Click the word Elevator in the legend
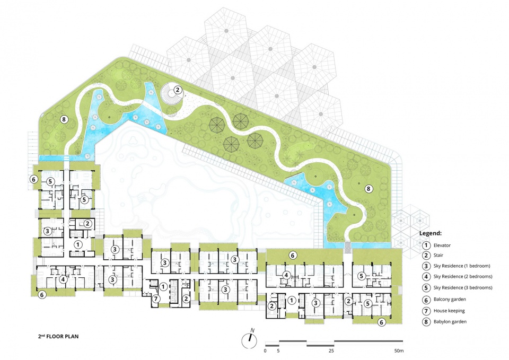442,245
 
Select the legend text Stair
438,256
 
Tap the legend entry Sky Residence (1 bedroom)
462,266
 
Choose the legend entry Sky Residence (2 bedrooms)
463,277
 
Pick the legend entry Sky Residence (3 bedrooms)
463,287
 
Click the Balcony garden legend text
450,300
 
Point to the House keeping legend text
449,311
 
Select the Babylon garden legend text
450,322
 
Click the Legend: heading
431,233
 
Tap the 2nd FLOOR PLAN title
58,336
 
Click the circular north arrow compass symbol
249,341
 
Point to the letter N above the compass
252,330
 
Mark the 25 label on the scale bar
331,351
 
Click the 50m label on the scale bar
399,351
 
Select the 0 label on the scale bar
265,351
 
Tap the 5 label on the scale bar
278,351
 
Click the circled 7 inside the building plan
156,298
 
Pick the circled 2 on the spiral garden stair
178,90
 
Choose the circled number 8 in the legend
426,322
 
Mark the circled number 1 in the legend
426,245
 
